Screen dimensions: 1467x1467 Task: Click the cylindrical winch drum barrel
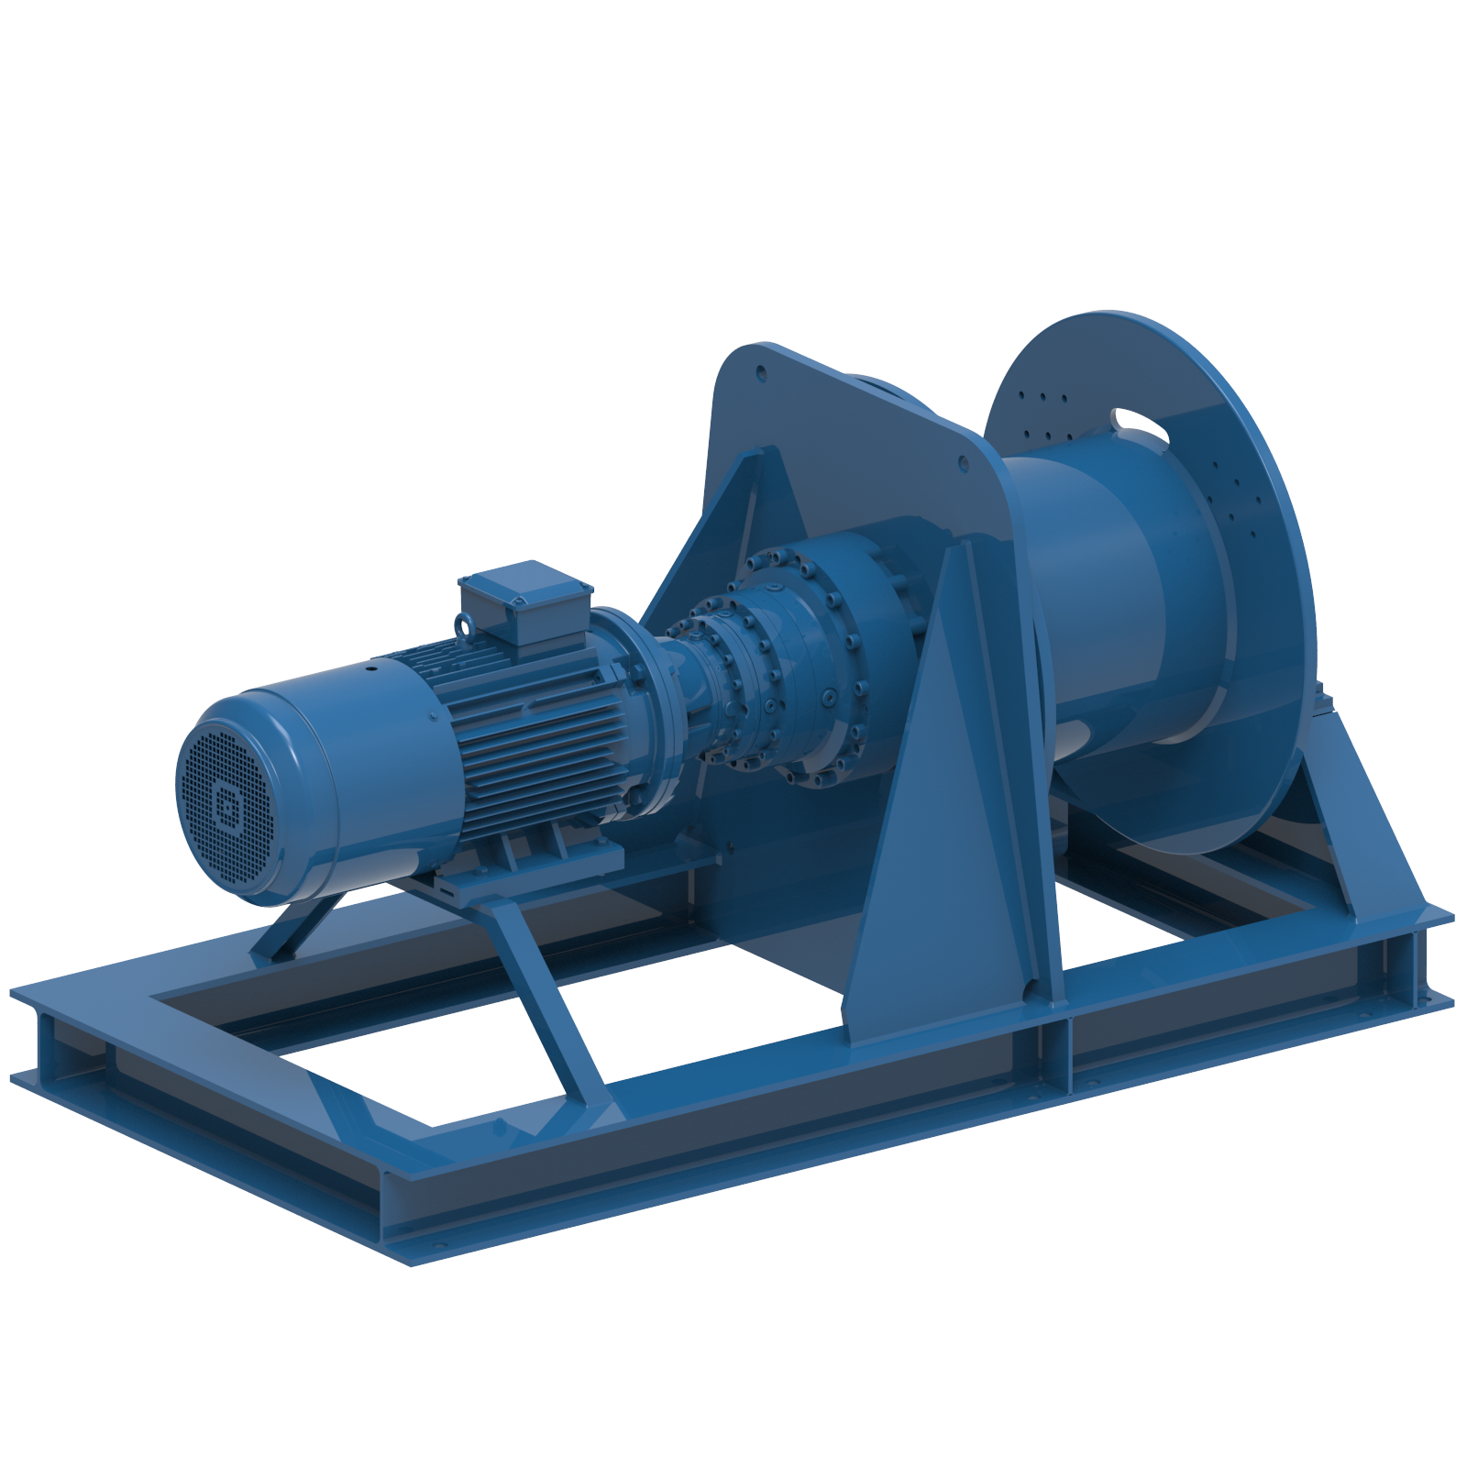tap(1100, 587)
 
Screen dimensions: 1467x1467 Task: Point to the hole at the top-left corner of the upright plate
tap(760, 373)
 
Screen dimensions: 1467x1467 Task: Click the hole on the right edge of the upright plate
tap(964, 464)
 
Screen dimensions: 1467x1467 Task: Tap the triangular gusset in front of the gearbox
tap(944, 825)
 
